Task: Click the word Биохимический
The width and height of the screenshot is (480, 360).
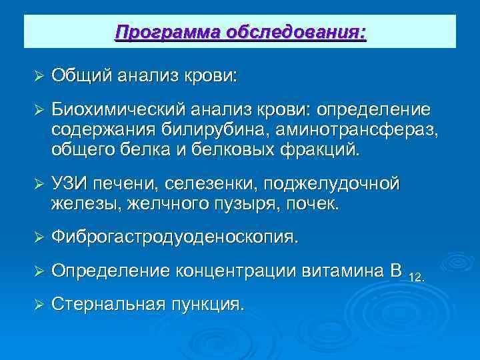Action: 119,108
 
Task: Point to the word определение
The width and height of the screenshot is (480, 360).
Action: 374,108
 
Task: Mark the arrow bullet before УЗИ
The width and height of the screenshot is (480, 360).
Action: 38,183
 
